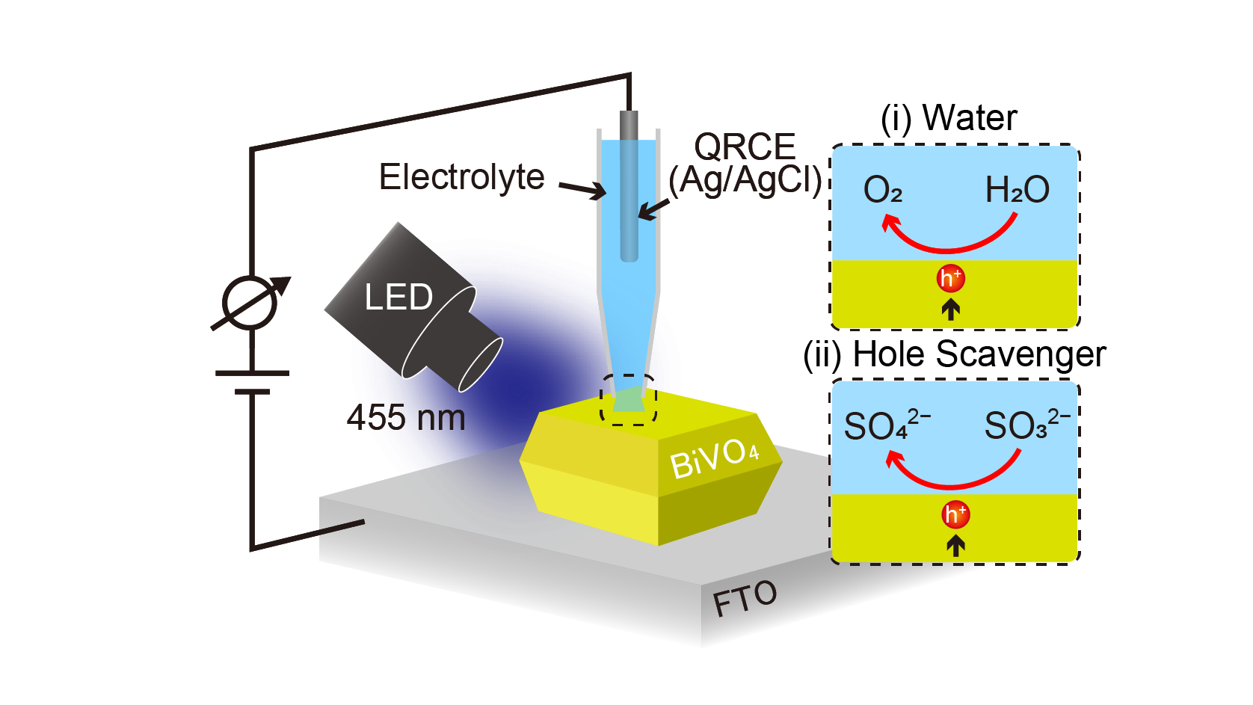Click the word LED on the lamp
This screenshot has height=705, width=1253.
tap(398, 297)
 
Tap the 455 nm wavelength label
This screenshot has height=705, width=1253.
tap(406, 418)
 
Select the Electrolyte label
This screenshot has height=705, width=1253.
tap(461, 177)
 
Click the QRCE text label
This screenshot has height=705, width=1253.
tap(745, 147)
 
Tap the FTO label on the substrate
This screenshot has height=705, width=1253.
tap(745, 597)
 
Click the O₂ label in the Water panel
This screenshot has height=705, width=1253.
tap(883, 190)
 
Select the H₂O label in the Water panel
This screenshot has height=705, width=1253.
tap(1017, 190)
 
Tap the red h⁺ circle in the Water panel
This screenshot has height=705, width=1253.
tap(951, 278)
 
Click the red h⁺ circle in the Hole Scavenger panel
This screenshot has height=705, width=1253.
tap(955, 514)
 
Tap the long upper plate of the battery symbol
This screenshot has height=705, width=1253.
tap(252, 372)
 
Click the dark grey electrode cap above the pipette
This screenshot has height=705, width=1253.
tap(629, 125)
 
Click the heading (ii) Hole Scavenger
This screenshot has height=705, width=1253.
tap(954, 354)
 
